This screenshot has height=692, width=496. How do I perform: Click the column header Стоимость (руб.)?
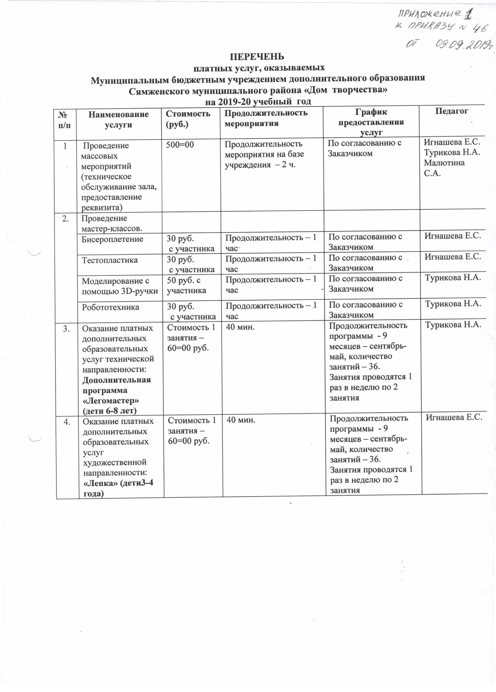pos(188,119)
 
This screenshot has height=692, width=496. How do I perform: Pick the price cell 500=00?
pos(180,144)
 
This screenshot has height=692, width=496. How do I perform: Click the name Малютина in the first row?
pos(444,163)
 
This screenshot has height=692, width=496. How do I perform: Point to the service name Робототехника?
pos(111,307)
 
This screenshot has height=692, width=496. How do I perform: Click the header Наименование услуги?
pos(118,119)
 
